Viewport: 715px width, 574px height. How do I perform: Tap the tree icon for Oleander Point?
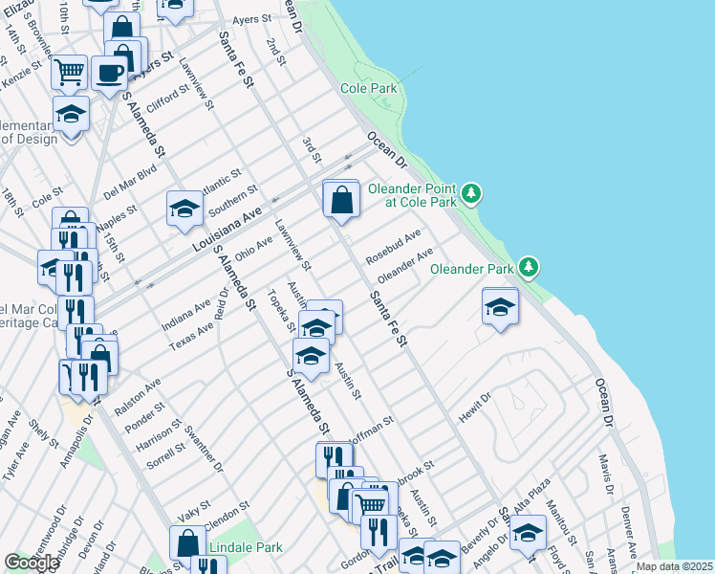pyautogui.click(x=470, y=194)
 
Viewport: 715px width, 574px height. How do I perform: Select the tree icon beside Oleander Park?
pyautogui.click(x=529, y=269)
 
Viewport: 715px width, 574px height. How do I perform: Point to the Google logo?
pyautogui.click(x=32, y=563)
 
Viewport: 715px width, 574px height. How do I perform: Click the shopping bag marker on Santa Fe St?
pyautogui.click(x=341, y=200)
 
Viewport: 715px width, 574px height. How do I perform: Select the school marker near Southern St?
pyautogui.click(x=184, y=209)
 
